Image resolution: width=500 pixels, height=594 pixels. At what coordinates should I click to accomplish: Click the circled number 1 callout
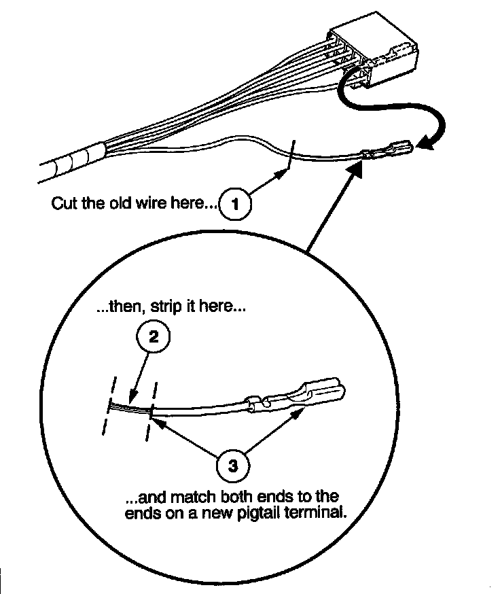(x=235, y=204)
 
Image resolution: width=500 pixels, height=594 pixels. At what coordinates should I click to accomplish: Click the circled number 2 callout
(x=154, y=336)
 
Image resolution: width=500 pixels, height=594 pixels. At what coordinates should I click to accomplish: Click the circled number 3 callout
(x=232, y=466)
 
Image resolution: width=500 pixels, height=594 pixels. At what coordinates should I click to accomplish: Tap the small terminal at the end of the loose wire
(x=387, y=150)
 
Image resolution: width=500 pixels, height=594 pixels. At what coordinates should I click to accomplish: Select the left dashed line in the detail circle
(x=109, y=406)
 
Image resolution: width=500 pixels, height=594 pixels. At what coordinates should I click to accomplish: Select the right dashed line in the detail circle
(x=152, y=411)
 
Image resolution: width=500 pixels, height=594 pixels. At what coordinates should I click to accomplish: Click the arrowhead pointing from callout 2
(x=132, y=398)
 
